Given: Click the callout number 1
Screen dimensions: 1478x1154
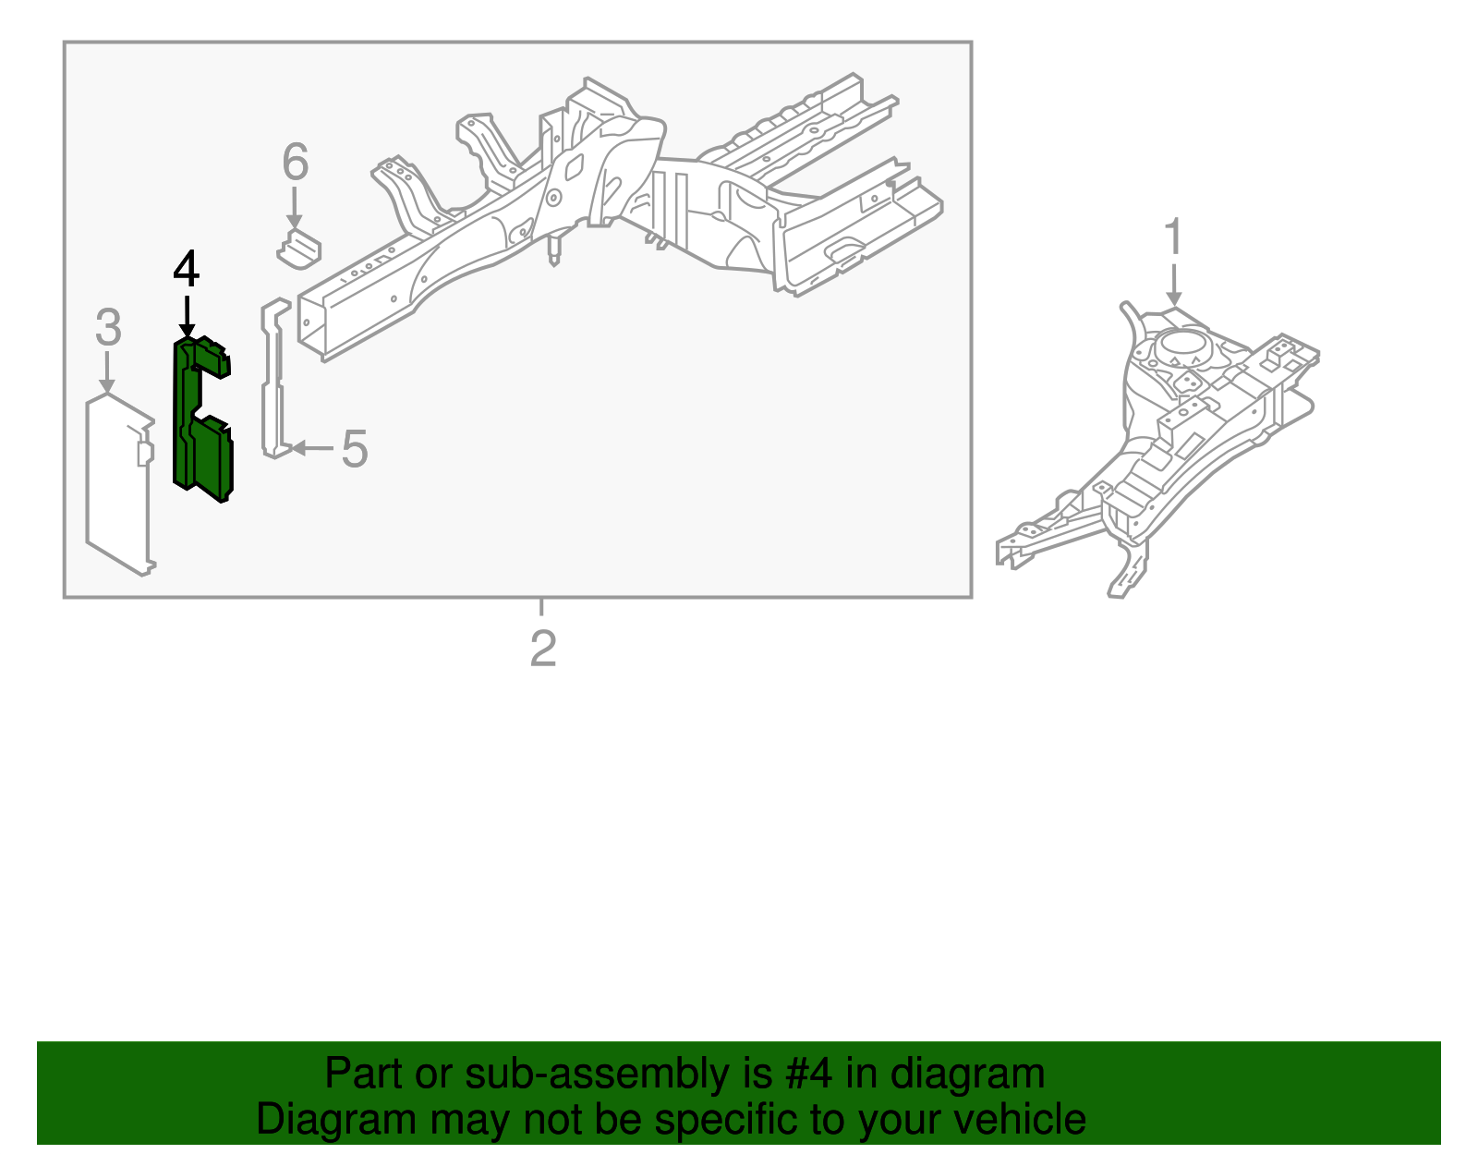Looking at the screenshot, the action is coord(1174,237).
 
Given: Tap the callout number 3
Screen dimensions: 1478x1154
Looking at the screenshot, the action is coord(108,327).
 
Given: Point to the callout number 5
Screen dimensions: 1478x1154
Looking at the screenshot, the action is coord(355,449).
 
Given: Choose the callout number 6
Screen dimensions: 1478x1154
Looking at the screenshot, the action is coord(296,162).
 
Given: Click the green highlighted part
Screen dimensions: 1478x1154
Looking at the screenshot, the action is coord(202,419).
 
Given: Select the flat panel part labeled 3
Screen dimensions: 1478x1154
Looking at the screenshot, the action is coord(120,486).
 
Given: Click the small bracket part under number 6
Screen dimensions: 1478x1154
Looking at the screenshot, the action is coord(299,249).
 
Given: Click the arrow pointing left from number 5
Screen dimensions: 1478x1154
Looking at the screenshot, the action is coord(312,448).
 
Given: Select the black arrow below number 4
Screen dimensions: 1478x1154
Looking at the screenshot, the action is coord(187,316).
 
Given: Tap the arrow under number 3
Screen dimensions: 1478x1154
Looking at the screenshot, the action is coord(107,372).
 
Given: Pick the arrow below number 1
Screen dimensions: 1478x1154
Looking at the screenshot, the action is coord(1174,285).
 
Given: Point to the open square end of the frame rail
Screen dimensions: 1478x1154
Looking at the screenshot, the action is coord(312,323).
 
